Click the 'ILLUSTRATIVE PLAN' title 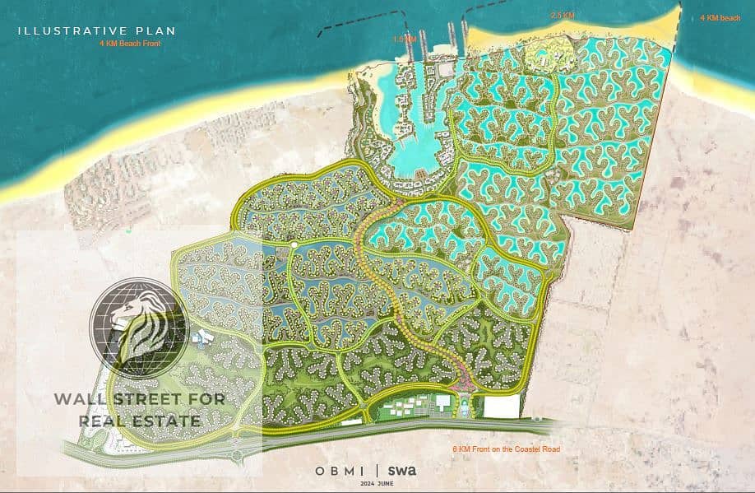(97, 31)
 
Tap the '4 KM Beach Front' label (129, 44)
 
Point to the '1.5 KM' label (405, 39)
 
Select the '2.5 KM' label (563, 16)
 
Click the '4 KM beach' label (720, 17)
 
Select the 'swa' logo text (402, 471)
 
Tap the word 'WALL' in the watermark (79, 399)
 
